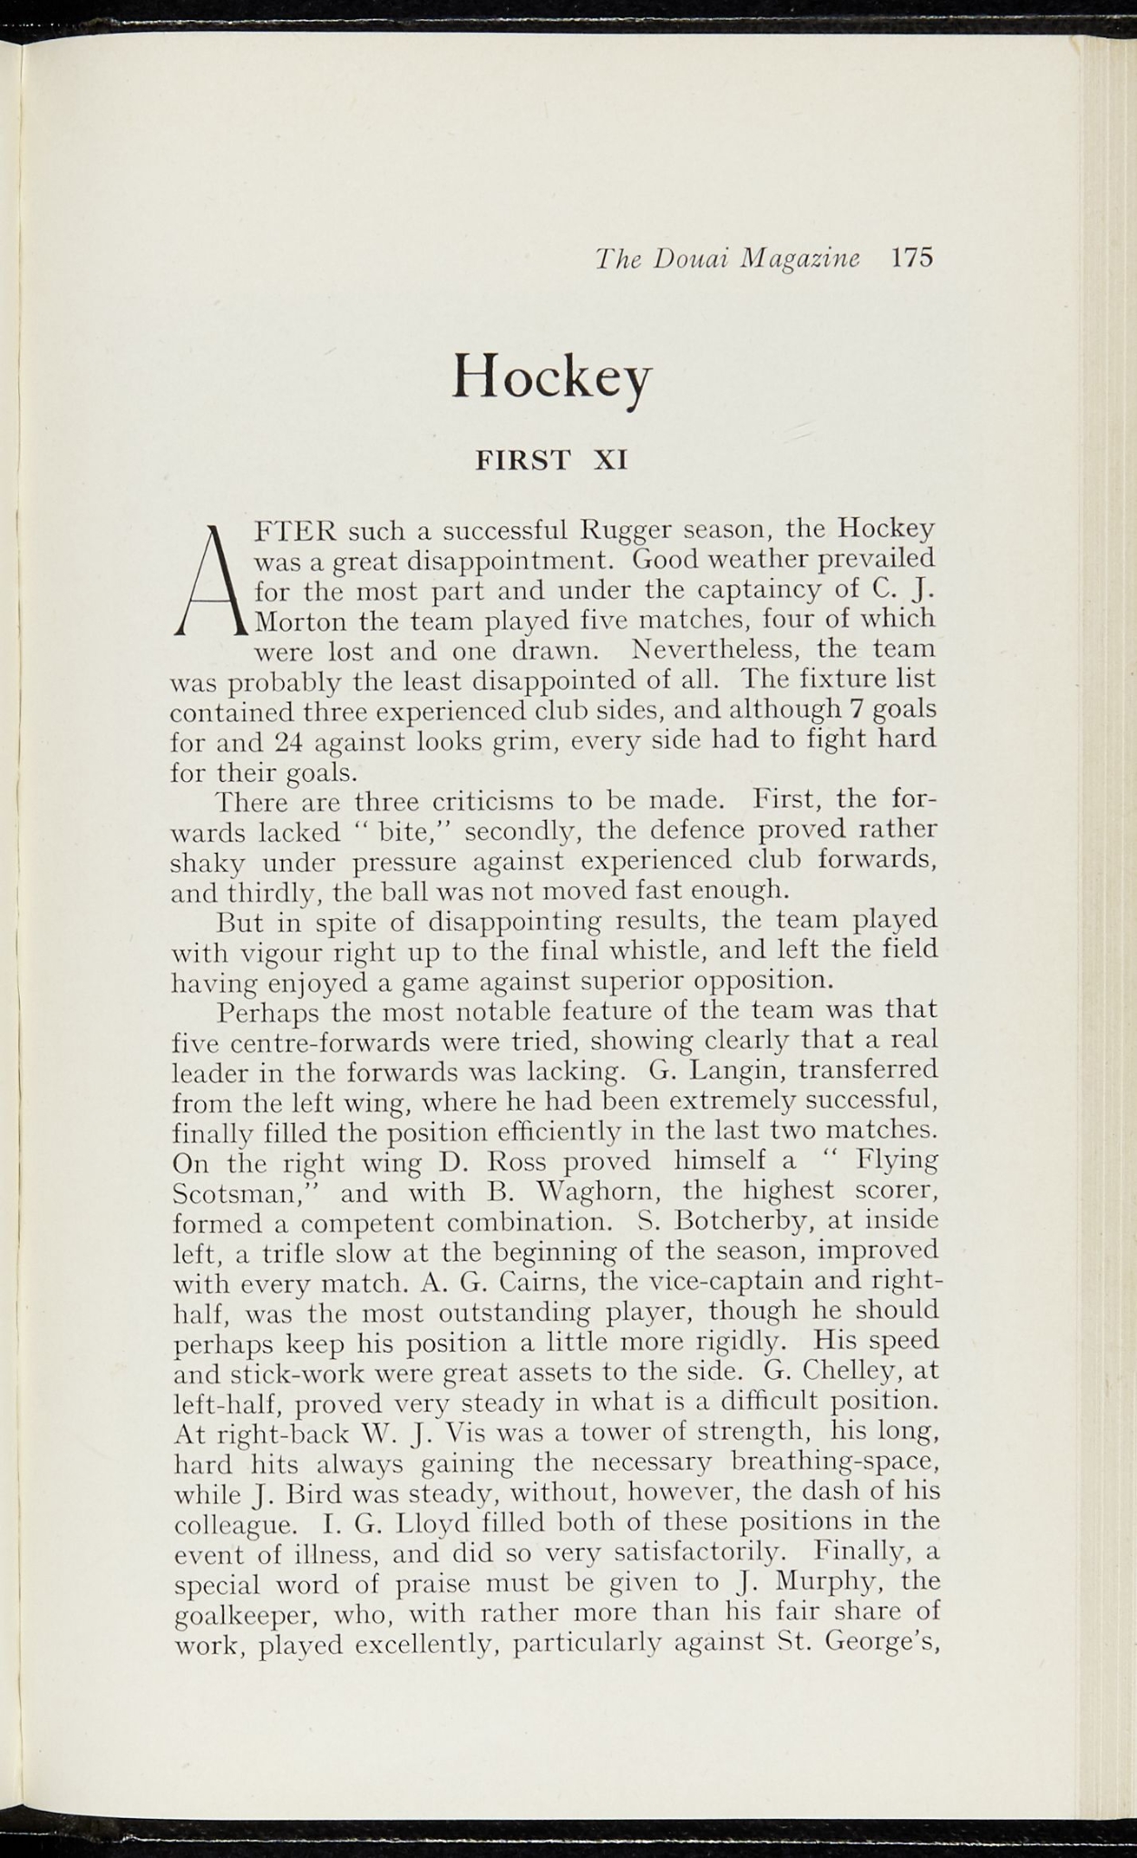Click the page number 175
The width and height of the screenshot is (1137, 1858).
(911, 258)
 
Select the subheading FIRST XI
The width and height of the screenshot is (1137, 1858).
(552, 460)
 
